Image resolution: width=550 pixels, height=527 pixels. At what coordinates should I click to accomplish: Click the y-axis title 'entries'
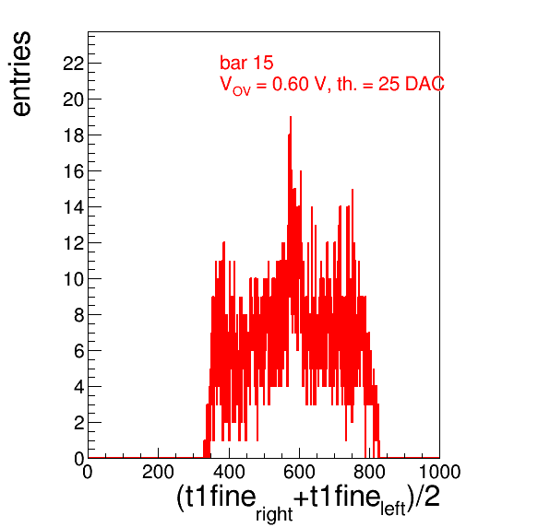(22, 74)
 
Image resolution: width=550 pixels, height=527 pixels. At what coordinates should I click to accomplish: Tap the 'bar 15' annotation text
(246, 63)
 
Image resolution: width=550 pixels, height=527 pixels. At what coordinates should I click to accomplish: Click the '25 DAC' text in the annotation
(411, 84)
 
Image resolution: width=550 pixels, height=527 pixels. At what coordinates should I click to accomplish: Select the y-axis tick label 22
(73, 64)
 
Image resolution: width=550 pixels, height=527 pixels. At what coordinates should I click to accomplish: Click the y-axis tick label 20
(73, 100)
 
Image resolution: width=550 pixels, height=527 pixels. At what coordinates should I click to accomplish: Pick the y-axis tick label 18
(73, 135)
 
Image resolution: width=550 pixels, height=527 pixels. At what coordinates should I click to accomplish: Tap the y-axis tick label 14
(73, 207)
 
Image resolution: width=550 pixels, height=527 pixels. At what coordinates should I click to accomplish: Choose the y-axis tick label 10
(73, 279)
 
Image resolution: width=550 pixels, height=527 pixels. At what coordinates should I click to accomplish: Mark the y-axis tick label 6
(79, 351)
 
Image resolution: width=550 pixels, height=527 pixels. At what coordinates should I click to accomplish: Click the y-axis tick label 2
(79, 423)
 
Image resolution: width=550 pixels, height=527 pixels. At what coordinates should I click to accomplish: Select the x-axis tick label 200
(158, 472)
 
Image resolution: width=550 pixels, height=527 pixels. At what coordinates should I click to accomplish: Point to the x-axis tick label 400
(229, 472)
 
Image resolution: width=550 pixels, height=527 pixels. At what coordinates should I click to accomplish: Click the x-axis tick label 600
(299, 472)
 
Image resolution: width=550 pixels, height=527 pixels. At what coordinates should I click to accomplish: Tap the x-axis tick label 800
(369, 472)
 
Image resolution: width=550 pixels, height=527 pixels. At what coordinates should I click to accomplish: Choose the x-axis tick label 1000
(440, 472)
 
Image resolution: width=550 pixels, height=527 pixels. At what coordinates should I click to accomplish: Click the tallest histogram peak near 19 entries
(291, 117)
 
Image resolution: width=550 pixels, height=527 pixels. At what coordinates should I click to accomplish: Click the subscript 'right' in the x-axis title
(274, 514)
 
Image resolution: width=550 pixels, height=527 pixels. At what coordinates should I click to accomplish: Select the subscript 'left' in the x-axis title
(393, 509)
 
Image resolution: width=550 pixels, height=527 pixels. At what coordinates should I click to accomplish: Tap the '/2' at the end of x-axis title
(428, 497)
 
